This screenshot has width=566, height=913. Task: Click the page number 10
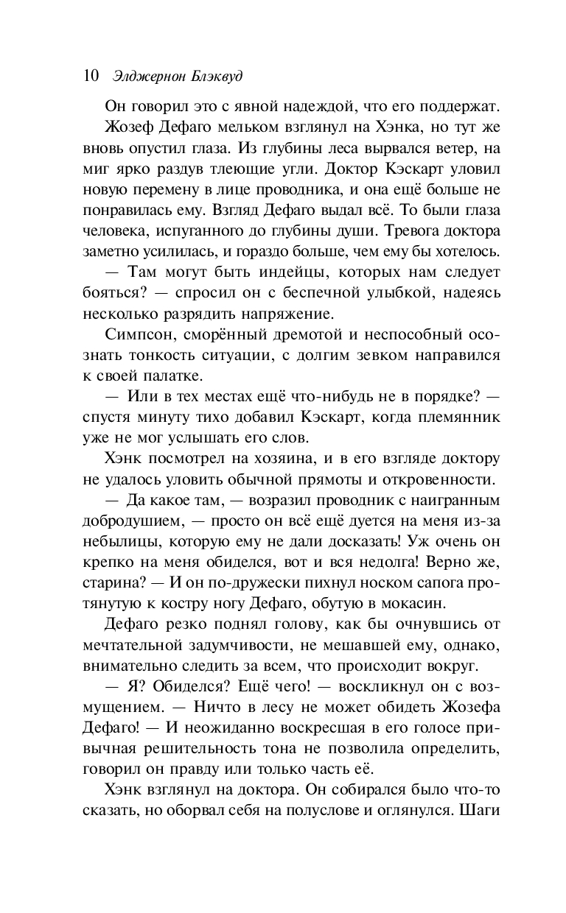91,77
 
